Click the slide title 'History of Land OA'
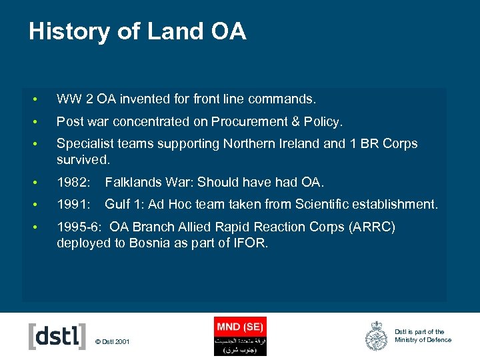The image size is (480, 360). point(137,31)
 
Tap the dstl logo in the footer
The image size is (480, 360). point(57,336)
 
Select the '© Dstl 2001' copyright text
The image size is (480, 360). point(113,342)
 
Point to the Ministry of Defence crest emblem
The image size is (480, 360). point(376,336)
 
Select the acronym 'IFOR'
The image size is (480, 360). point(251,243)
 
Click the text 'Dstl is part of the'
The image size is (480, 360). point(419,331)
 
